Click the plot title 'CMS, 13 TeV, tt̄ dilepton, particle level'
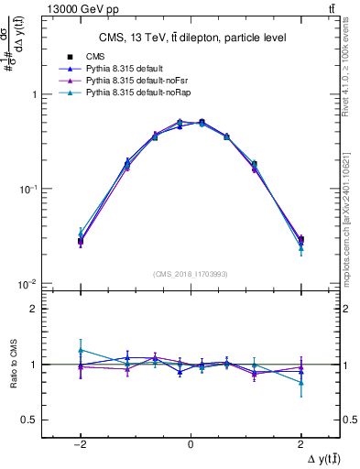point(190,38)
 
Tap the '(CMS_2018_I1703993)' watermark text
point(190,274)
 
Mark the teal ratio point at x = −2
point(81,350)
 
